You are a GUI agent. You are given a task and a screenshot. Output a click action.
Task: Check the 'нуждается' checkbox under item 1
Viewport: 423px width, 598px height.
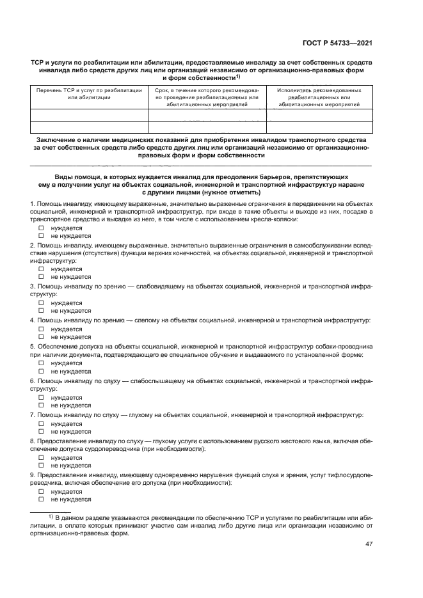[40, 228]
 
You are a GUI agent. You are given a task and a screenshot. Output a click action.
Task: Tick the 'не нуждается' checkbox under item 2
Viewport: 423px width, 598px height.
[40, 277]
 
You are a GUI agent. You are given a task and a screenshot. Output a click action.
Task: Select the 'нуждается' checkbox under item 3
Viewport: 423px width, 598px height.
[40, 303]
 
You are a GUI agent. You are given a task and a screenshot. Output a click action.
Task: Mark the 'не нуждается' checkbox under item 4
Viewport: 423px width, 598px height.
[40, 336]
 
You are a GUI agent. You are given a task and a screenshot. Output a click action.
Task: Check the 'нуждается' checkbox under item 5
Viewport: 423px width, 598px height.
[40, 362]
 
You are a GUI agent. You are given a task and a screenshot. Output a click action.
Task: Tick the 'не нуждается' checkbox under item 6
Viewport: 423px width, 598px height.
[40, 405]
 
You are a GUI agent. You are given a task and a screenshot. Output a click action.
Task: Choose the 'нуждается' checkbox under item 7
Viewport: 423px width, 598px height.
[40, 423]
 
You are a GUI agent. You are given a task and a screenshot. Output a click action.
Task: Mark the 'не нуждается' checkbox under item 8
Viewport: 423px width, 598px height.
[40, 465]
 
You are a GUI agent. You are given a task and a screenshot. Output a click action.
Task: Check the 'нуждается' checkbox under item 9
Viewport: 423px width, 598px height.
[40, 491]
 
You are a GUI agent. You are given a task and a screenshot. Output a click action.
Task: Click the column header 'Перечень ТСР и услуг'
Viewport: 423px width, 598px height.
[89, 94]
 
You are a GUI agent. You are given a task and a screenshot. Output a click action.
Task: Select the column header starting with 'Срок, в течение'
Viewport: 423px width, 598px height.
[207, 97]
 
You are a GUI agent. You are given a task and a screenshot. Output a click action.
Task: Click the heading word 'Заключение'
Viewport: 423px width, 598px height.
[58, 139]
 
